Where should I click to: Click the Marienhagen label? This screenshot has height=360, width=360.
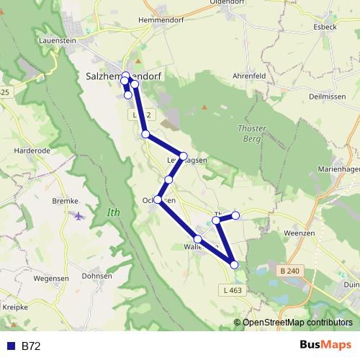coord(338,168)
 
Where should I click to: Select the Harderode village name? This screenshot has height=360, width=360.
coord(32,151)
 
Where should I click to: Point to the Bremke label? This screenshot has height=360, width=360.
coord(65,200)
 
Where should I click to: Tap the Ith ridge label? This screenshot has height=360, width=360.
coord(113,212)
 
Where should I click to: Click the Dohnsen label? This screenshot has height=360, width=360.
coord(96,275)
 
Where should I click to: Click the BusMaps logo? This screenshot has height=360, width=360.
coord(325,346)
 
